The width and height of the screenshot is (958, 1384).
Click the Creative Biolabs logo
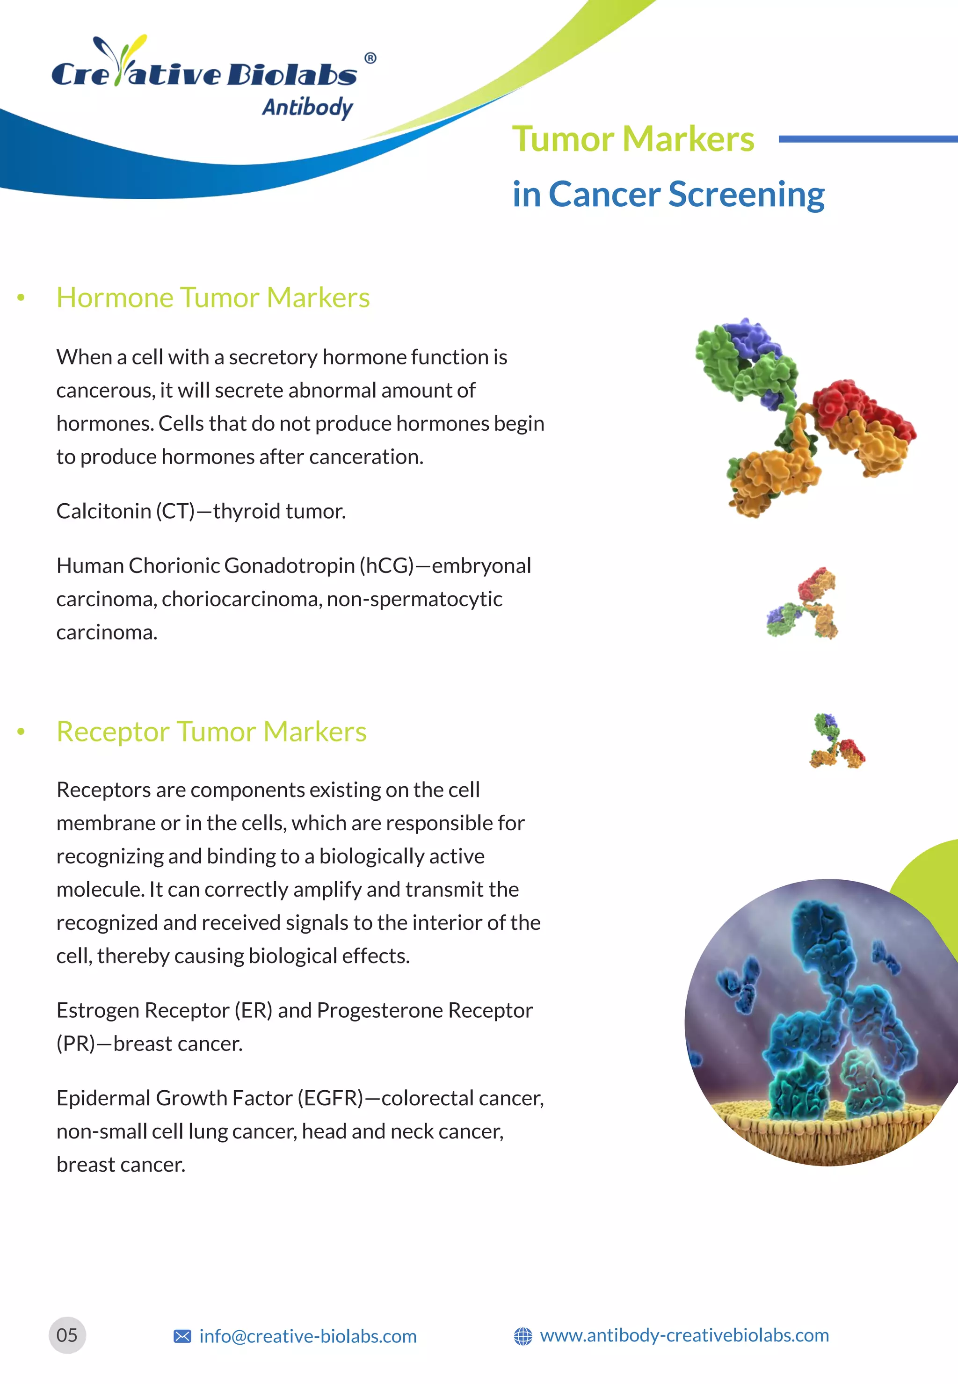tap(204, 72)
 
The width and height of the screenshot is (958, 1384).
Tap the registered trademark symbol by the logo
tap(370, 58)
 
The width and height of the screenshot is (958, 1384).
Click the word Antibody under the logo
tap(307, 108)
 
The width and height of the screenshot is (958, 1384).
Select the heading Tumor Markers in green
tap(633, 139)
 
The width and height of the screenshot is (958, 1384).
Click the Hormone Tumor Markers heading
tap(213, 297)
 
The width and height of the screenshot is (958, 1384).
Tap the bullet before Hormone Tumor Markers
tap(21, 297)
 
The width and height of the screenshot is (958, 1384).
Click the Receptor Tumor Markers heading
tap(211, 732)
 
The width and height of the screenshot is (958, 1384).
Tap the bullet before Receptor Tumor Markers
tap(21, 732)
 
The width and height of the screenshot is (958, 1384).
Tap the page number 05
tap(67, 1335)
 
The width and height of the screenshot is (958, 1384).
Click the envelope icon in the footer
tap(182, 1337)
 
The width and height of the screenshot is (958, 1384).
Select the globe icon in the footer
tap(523, 1337)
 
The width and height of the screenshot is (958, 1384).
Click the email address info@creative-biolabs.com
tap(308, 1337)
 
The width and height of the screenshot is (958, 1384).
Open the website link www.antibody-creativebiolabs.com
tap(684, 1335)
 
